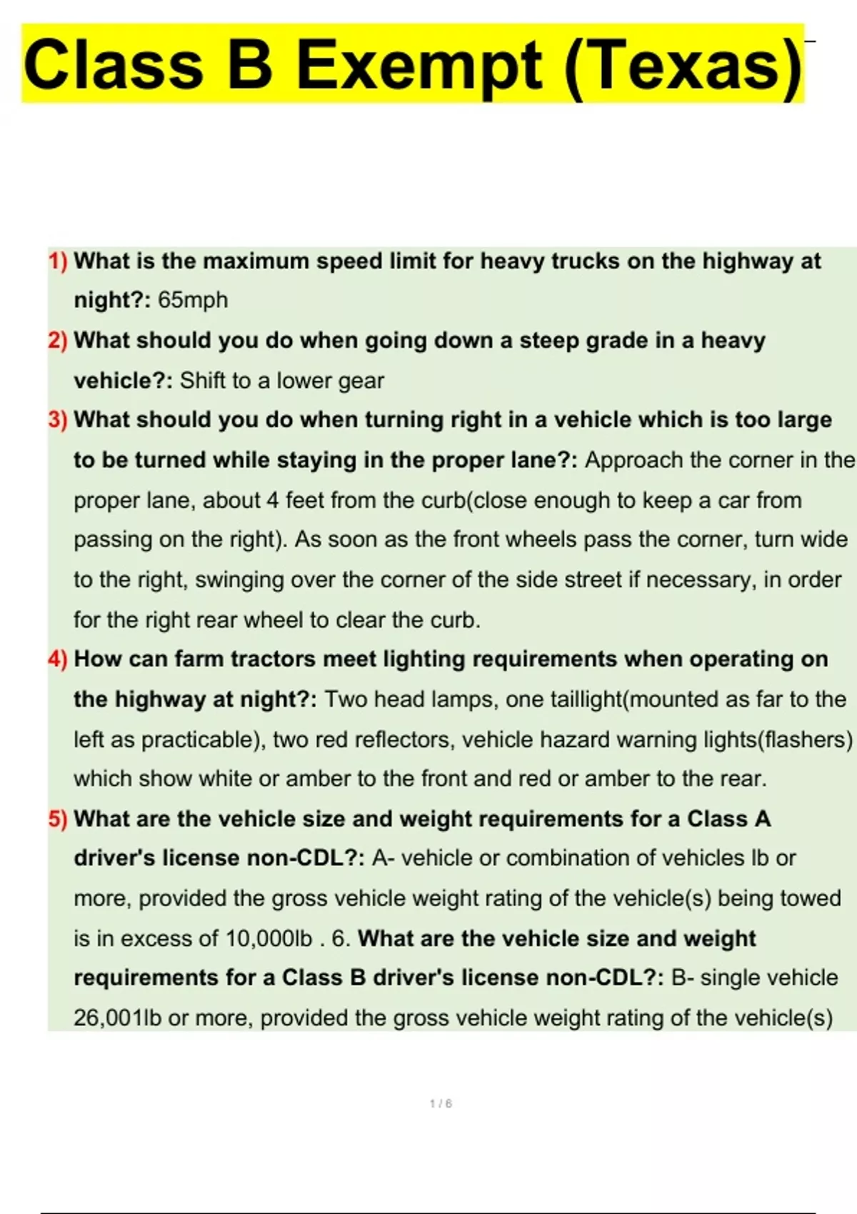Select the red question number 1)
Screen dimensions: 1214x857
click(x=58, y=261)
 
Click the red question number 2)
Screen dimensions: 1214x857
click(x=58, y=341)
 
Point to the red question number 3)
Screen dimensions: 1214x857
click(x=58, y=420)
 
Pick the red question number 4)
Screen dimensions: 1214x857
click(x=58, y=659)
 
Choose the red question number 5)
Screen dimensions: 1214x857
click(x=58, y=819)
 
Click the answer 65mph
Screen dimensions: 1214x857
click(x=193, y=300)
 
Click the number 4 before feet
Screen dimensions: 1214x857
click(x=272, y=500)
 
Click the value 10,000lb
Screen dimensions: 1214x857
click(x=269, y=938)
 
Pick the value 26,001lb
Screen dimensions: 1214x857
click(x=118, y=1018)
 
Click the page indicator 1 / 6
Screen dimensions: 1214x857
click(x=441, y=1104)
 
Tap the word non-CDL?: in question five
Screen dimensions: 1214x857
click(x=306, y=858)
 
